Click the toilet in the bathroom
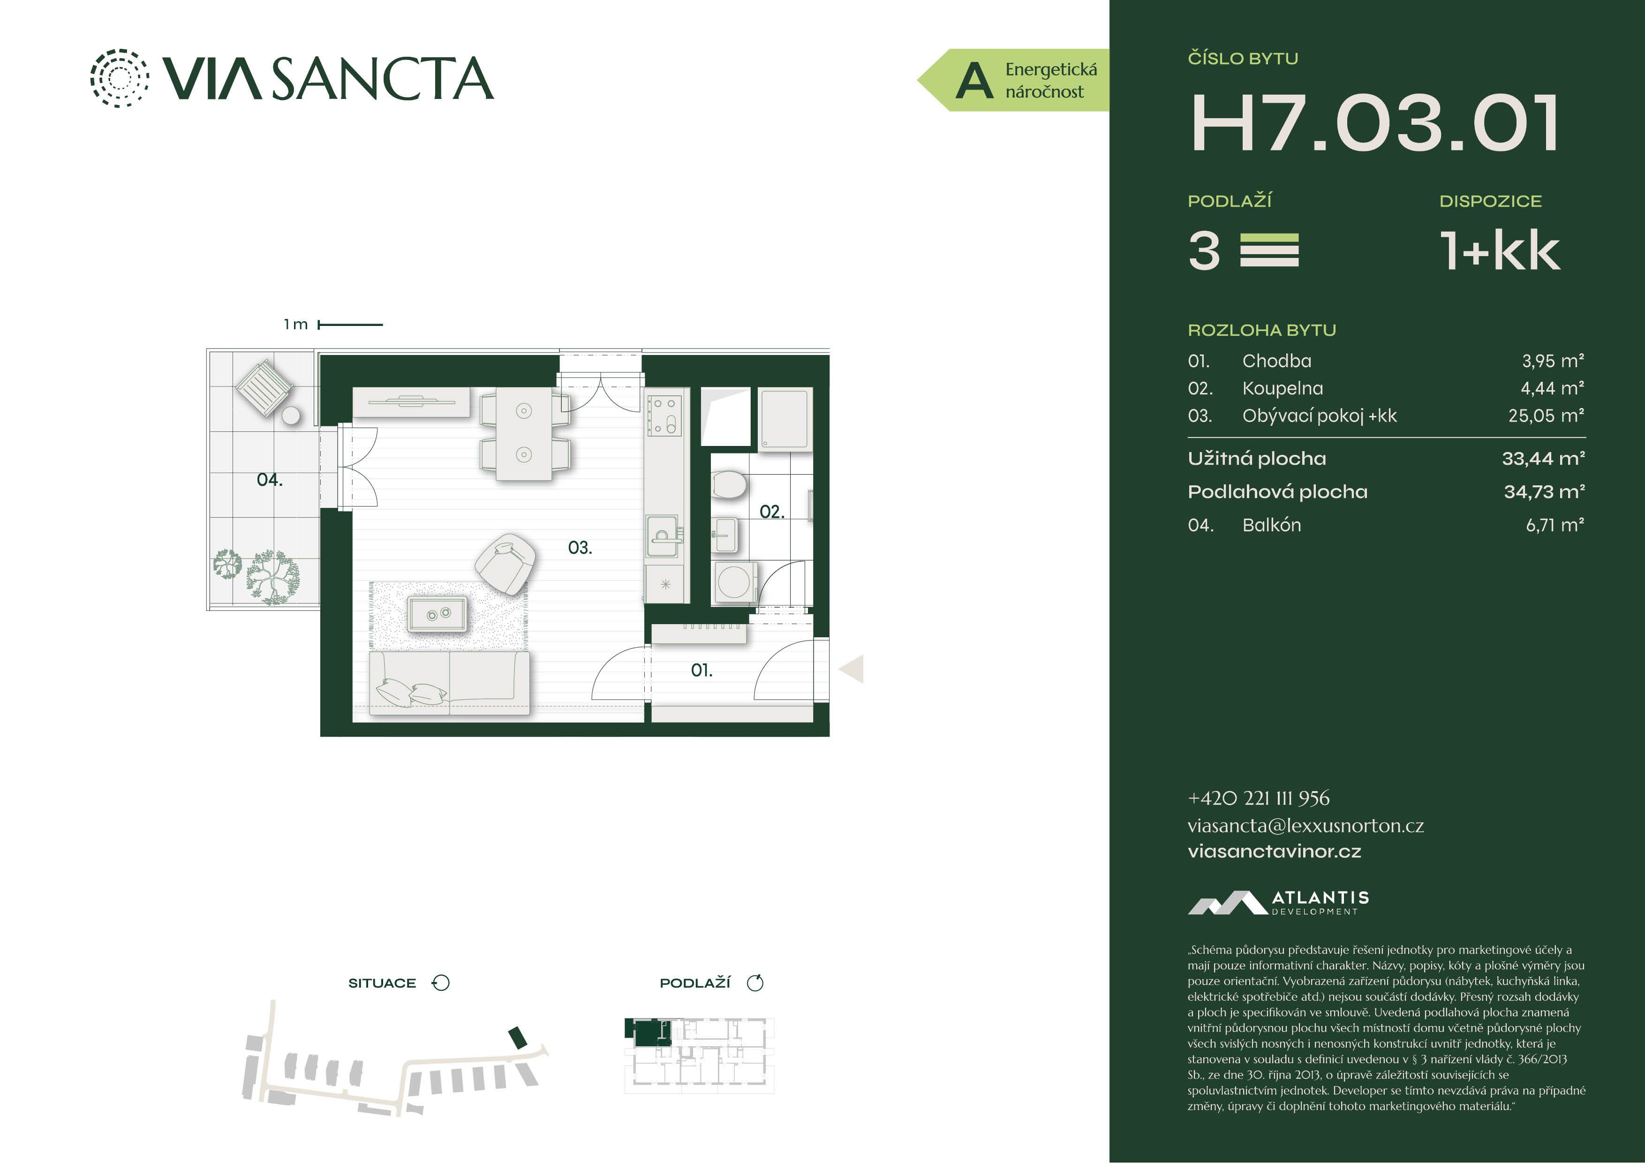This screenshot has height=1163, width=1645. [729, 485]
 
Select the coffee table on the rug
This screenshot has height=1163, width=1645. [436, 615]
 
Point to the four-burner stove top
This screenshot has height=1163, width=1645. [664, 415]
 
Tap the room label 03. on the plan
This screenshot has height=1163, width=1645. [580, 548]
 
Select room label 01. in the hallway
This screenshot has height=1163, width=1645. [702, 671]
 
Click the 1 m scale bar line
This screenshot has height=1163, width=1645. [350, 325]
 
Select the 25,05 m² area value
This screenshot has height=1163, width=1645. [1546, 415]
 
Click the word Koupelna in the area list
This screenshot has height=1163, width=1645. [1283, 388]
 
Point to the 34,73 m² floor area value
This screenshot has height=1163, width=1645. [1544, 491]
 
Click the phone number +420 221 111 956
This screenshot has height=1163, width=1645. [1258, 798]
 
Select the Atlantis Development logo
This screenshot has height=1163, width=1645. [1278, 902]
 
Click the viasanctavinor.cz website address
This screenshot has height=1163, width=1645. [1274, 851]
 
